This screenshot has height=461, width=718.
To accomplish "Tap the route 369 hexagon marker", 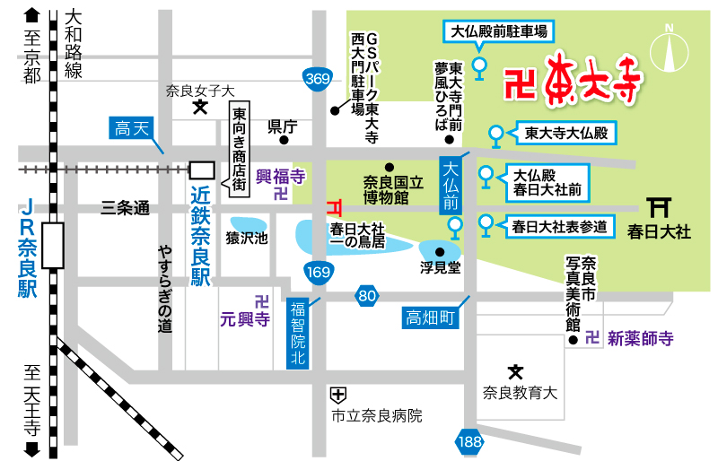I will click(x=316, y=80).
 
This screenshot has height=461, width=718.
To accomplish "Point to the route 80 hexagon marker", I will click(x=366, y=295).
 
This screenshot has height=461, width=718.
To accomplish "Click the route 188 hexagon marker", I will click(x=468, y=440).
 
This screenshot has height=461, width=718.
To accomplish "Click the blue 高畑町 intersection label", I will click(x=431, y=317).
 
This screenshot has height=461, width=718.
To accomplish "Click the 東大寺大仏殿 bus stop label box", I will click(x=566, y=135).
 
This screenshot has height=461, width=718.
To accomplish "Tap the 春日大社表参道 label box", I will click(x=560, y=225).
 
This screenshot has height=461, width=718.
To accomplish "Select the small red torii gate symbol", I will click(x=335, y=206).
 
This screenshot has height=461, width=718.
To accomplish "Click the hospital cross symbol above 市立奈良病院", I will click(x=337, y=393).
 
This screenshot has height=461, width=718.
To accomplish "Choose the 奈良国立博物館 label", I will click(x=386, y=189).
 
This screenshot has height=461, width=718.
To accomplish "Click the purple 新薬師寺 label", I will click(x=640, y=338).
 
